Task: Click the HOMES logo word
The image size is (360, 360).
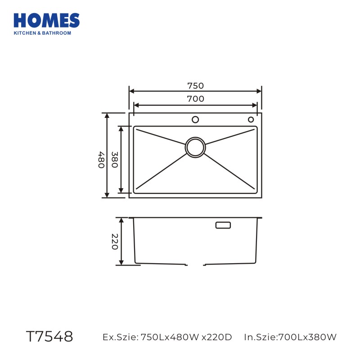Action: tap(47, 21)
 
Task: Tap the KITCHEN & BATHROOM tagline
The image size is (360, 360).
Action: tap(42, 33)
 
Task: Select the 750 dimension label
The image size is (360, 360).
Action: tap(195, 85)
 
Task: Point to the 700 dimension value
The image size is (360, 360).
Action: tap(195, 99)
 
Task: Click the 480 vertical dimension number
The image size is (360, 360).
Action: tap(102, 160)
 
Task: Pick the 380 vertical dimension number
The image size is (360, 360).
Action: tap(115, 160)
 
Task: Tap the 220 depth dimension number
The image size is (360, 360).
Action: tap(115, 242)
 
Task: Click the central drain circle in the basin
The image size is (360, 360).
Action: tap(195, 148)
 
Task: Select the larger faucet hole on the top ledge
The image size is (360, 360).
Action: tap(195, 120)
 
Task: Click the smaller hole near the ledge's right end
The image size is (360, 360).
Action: tap(251, 120)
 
